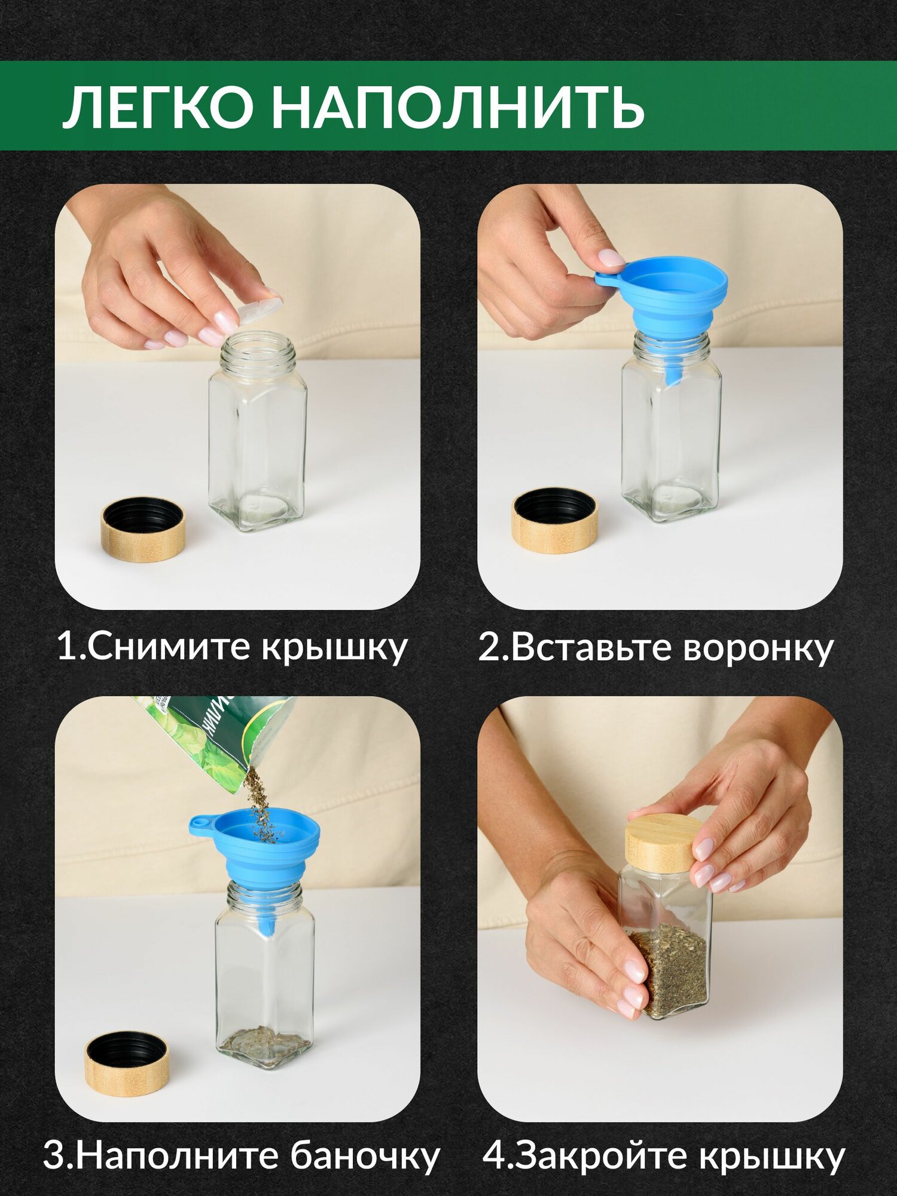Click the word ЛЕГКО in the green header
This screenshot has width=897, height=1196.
click(157, 107)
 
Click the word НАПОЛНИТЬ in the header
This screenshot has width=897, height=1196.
click(458, 108)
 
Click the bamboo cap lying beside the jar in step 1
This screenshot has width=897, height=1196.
click(144, 530)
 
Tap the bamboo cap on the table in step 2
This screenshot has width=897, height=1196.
click(556, 520)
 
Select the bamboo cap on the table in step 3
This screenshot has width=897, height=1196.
click(127, 1064)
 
